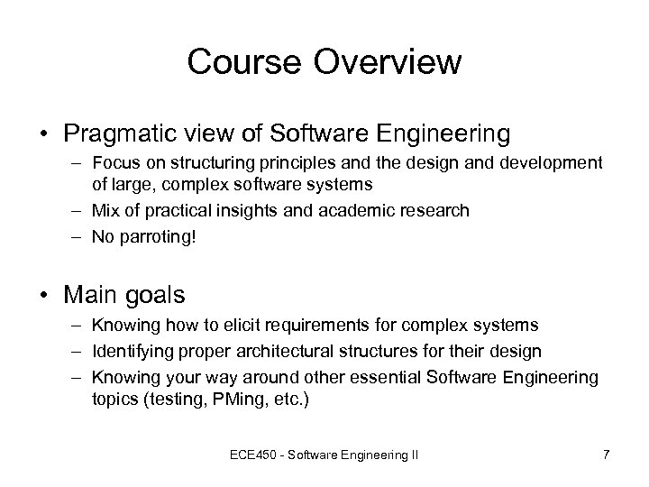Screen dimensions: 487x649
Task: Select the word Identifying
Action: coord(128,351)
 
